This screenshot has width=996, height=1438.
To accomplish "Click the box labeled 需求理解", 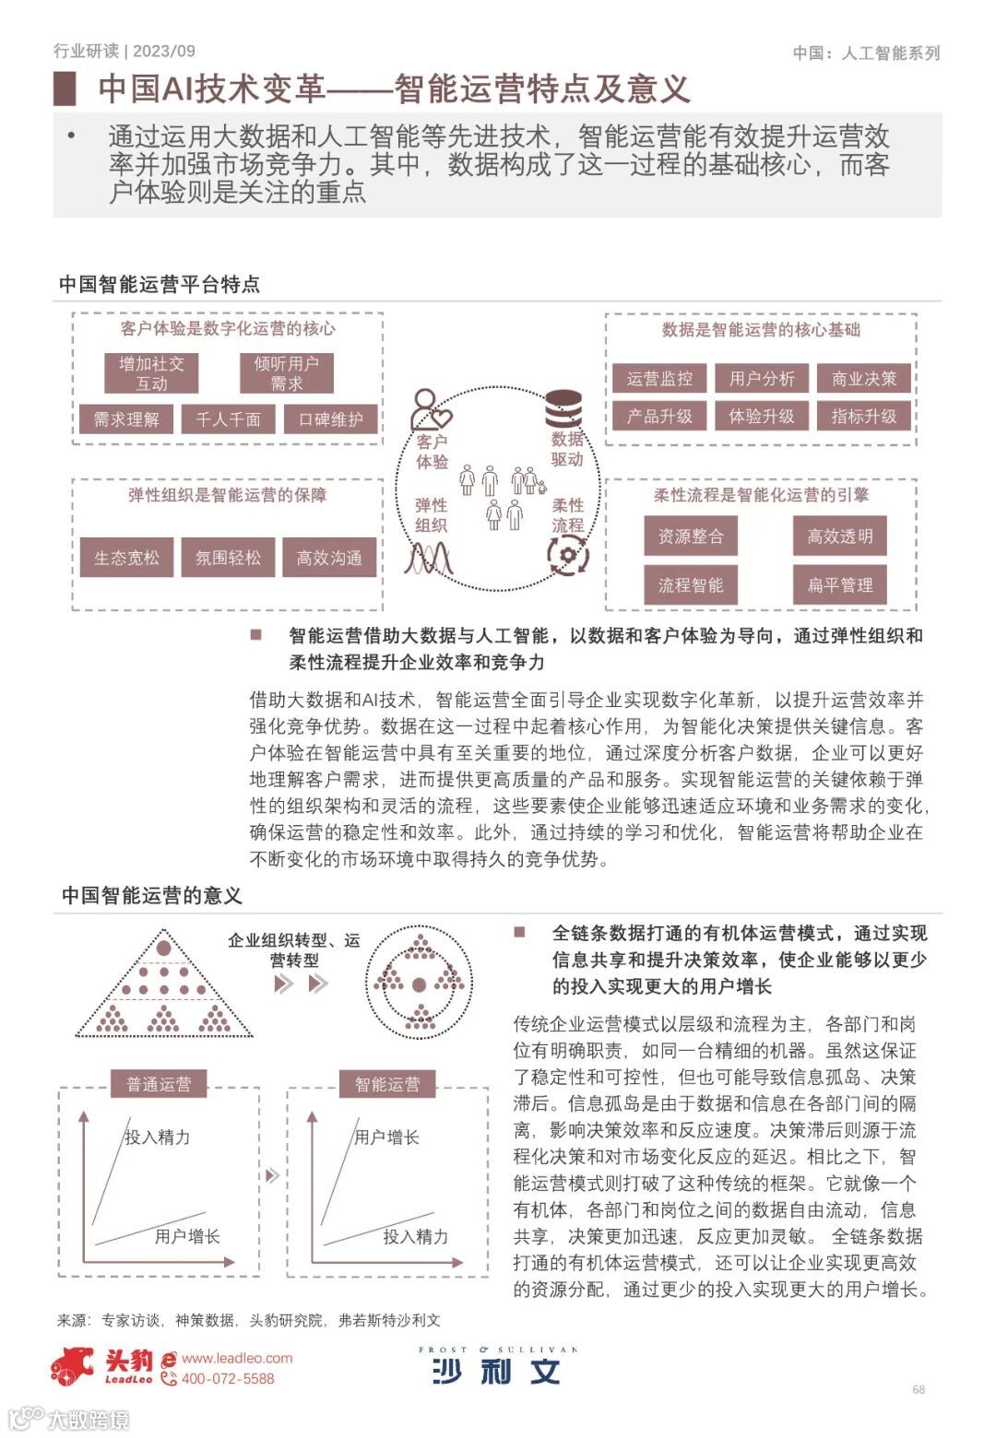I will click(x=126, y=419).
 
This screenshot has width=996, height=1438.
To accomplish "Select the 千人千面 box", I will click(x=229, y=419).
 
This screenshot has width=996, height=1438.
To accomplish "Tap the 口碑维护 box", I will click(x=330, y=419).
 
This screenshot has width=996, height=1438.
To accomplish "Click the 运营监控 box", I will click(x=659, y=378).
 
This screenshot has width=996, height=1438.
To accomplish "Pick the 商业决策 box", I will click(x=864, y=378).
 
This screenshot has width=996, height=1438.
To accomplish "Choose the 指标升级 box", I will click(x=864, y=416).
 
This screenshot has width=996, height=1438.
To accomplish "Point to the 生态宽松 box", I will click(x=126, y=558).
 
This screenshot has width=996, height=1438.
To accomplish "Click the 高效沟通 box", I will click(x=329, y=558).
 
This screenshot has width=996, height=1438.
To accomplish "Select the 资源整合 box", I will click(x=691, y=536).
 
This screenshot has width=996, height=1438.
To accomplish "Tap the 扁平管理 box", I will click(x=840, y=584).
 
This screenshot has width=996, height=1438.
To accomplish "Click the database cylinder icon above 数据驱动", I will click(x=563, y=408).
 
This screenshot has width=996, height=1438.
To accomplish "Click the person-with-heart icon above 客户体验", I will click(x=430, y=409).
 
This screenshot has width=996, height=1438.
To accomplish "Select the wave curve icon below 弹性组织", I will click(x=430, y=557).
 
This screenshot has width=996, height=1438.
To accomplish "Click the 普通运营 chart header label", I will click(x=159, y=1084).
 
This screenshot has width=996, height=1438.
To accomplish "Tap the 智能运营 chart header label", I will click(x=387, y=1084).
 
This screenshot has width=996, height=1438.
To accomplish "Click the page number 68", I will click(x=919, y=1389).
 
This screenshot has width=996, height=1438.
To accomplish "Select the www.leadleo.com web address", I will click(x=237, y=1358).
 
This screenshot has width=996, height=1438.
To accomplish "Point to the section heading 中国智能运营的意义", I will click(x=152, y=895).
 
